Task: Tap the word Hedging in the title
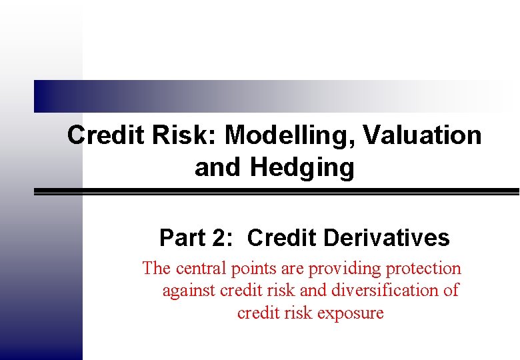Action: pos(302,167)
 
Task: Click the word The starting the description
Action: pos(157,269)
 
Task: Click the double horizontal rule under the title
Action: pos(277,191)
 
